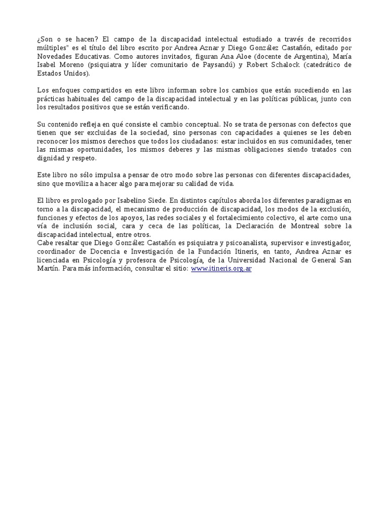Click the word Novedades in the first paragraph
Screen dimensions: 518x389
(x=54, y=56)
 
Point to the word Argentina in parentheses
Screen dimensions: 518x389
(x=299, y=56)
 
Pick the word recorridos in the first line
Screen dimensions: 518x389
(x=332, y=39)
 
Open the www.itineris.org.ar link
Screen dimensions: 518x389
(x=221, y=269)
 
